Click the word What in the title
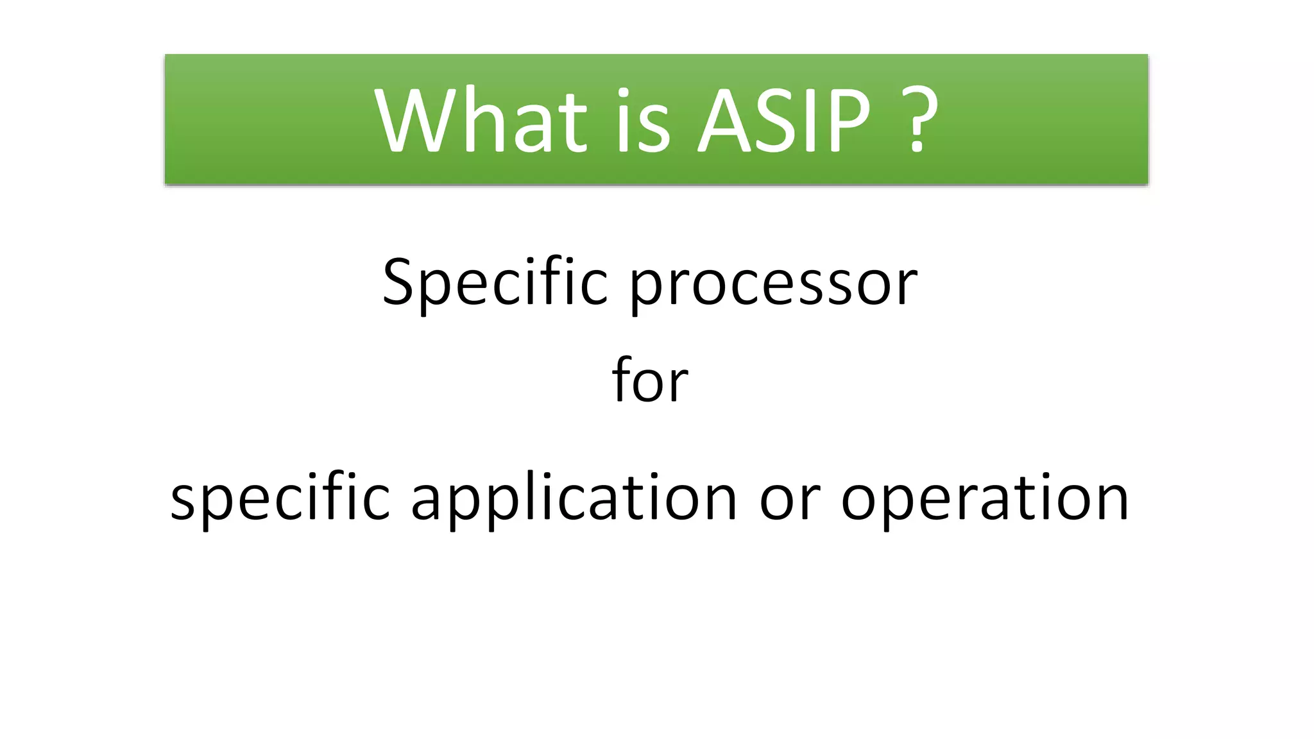coord(481,120)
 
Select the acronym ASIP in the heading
coord(784,120)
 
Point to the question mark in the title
coord(918,120)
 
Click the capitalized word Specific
coord(495,282)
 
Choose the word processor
coord(773,285)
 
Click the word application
coord(574,498)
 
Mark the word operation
coord(985,498)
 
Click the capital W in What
coord(414,120)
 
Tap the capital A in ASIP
coord(724,120)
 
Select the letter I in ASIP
coord(809,120)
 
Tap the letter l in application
coord(525,495)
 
